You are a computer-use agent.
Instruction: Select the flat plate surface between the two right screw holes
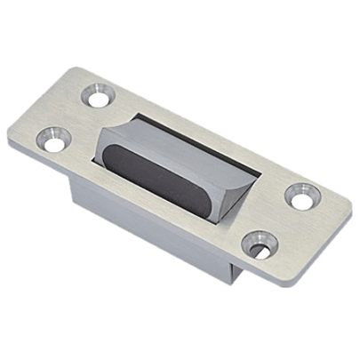pyautogui.click(x=280, y=217)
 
